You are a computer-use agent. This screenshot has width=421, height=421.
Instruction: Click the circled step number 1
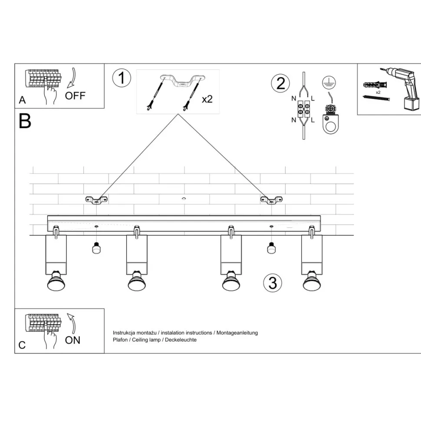point(121,79)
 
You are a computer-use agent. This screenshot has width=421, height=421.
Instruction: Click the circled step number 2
point(281,83)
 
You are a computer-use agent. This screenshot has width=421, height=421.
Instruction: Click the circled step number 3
point(273,283)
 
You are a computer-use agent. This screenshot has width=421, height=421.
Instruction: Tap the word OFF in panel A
point(75,95)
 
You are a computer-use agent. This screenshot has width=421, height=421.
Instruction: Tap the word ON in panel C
point(72,340)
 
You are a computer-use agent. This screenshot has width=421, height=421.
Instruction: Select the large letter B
point(25,121)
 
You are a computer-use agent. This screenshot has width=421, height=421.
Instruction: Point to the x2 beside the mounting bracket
point(207,99)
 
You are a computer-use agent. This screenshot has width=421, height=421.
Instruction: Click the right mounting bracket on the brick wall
point(271,200)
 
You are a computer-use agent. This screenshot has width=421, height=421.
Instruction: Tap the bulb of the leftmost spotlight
point(56,283)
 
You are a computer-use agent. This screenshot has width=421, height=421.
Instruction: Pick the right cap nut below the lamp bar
point(271,248)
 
